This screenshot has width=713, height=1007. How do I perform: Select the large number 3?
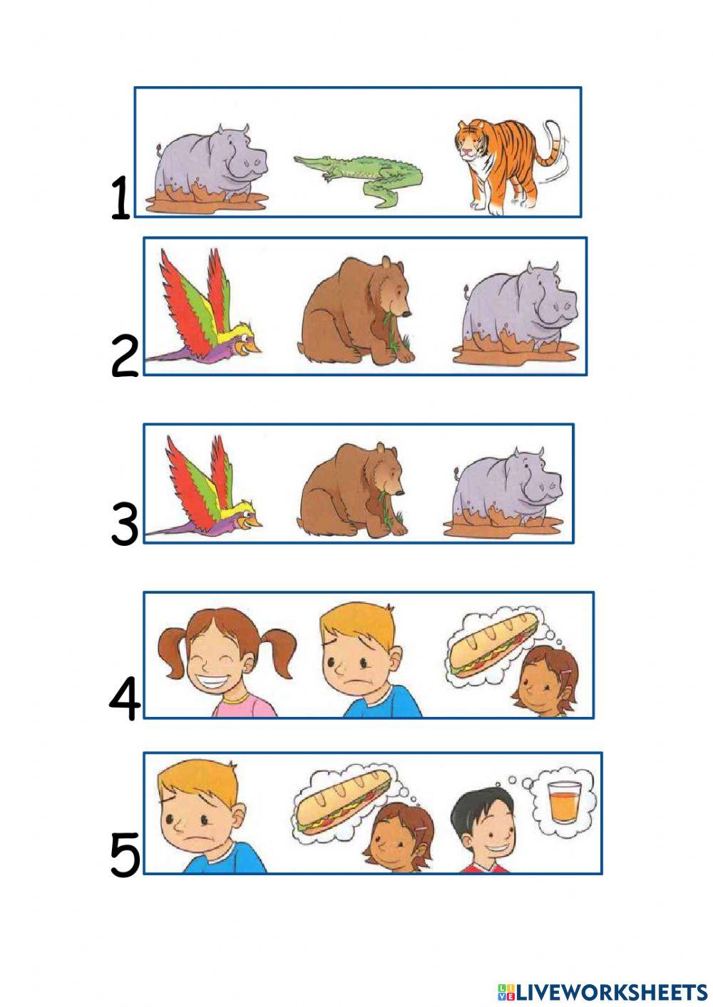(x=125, y=524)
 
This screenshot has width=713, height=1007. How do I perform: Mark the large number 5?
(x=125, y=854)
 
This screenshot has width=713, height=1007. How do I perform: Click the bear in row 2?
(x=355, y=310)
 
